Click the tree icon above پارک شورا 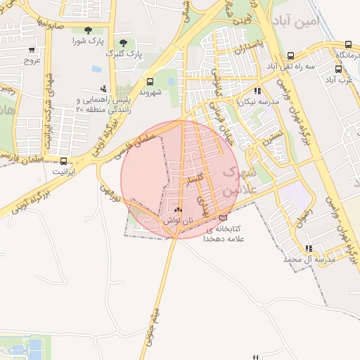point(87,30)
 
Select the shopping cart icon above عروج point(32,50)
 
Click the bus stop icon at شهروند point(149,82)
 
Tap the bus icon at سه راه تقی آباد point(291,56)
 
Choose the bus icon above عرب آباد point(338,70)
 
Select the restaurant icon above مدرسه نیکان point(257,91)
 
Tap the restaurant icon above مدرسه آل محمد point(309,248)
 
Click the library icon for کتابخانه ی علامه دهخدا point(224,218)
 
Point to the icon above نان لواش point(177,210)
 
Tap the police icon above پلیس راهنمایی point(104,89)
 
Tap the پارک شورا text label point(86,41)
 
